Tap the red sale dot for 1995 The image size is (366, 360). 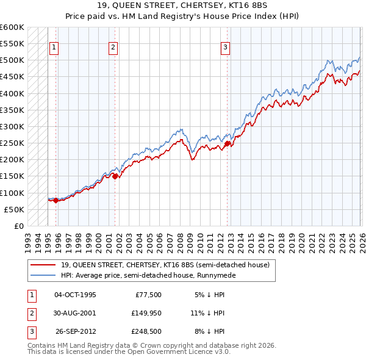56,200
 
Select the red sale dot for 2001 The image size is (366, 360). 115,176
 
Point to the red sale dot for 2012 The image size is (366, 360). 228,144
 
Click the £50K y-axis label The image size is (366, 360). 14,209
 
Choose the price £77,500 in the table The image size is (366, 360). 147,295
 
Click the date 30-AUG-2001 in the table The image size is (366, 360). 75,313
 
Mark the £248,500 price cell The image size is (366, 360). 147,331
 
